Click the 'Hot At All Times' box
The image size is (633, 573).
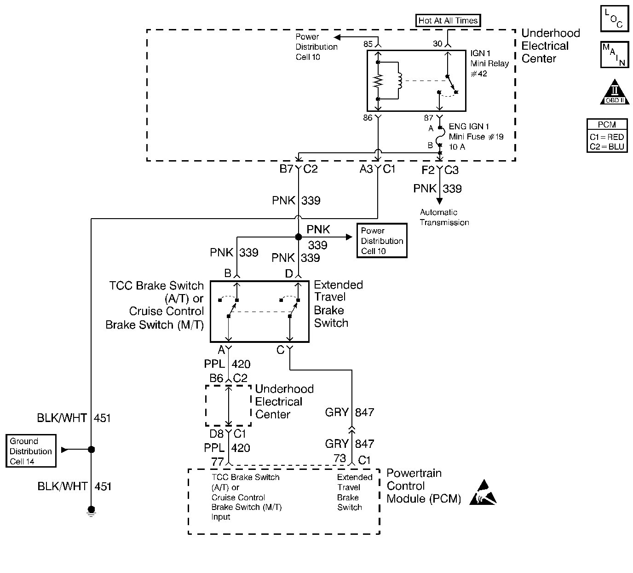click(448, 20)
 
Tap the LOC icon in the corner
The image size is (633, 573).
click(614, 19)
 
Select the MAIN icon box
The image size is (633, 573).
click(614, 55)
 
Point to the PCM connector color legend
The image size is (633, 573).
click(607, 136)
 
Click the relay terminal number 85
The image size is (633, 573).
click(368, 44)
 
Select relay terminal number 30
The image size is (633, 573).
click(437, 44)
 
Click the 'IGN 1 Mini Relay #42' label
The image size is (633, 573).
click(489, 64)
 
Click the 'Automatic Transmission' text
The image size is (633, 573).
click(444, 217)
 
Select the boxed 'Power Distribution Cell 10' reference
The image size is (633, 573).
click(382, 241)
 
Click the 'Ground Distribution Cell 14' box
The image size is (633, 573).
click(31, 451)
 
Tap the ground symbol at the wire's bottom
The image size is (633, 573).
click(91, 510)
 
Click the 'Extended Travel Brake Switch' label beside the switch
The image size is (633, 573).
click(338, 304)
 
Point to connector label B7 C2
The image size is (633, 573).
click(299, 169)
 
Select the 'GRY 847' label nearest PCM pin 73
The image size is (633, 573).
click(349, 444)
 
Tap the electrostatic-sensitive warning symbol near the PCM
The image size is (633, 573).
click(484, 493)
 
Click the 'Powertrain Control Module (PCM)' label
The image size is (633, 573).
click(423, 486)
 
